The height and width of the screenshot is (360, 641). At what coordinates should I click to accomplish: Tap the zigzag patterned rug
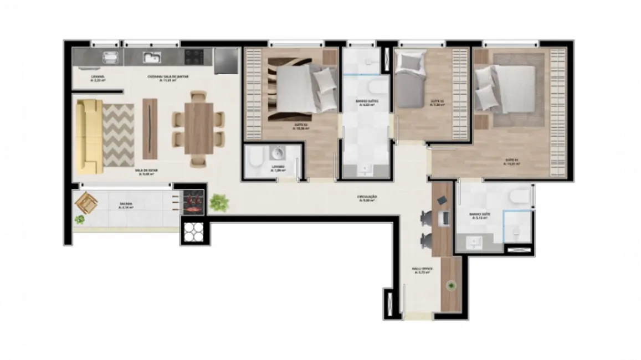pyautogui.click(x=119, y=135)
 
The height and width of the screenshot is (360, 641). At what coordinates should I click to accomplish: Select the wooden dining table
pyautogui.click(x=199, y=128)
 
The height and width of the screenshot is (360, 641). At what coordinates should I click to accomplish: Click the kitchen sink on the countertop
pyautogui.click(x=151, y=57)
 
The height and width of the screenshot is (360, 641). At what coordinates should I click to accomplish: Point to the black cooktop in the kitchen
pyautogui.click(x=194, y=56)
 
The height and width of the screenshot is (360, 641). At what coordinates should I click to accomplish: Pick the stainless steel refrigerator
pyautogui.click(x=225, y=60)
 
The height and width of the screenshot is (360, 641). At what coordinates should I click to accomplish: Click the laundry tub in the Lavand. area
pyautogui.click(x=111, y=58)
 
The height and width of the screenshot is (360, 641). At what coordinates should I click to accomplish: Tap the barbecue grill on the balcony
pyautogui.click(x=192, y=202)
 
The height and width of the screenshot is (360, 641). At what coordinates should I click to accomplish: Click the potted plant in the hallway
pyautogui.click(x=219, y=203)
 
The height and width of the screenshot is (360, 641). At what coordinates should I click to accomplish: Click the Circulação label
pyautogui.click(x=367, y=198)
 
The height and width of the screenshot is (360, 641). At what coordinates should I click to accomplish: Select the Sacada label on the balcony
pyautogui.click(x=126, y=205)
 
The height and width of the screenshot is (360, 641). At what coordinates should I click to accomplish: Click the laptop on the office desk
pyautogui.click(x=443, y=218)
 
